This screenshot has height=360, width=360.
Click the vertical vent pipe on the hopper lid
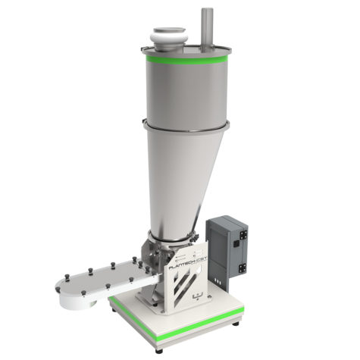pyautogui.click(x=207, y=29)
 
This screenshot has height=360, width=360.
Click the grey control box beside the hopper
pyautogui.click(x=229, y=244)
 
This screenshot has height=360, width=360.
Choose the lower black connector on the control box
pyautogui.click(x=244, y=267)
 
